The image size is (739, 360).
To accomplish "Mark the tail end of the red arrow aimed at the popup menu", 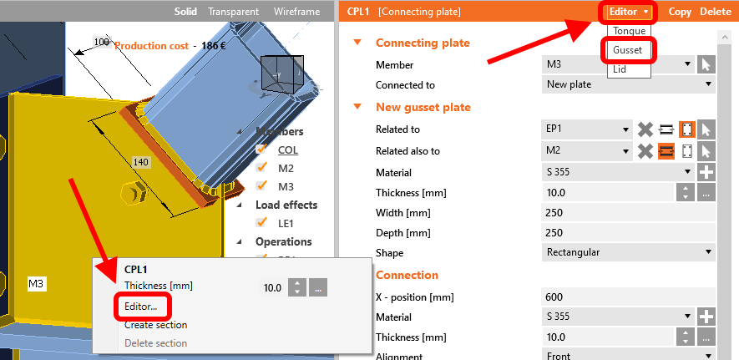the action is (x=71, y=179).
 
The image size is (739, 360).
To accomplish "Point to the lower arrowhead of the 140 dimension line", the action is (x=169, y=215).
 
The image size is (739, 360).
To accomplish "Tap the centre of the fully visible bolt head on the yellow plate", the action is (x=134, y=193).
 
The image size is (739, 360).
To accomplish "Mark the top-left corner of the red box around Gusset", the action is (x=601, y=39).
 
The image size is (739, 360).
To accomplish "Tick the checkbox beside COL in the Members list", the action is (x=261, y=150).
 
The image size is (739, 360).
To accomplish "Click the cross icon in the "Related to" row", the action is (x=645, y=129).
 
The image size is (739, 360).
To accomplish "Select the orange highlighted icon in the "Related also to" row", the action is (x=666, y=151).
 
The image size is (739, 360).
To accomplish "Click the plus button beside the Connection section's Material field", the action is (x=706, y=317).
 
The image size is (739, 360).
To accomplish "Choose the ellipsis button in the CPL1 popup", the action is (x=318, y=287).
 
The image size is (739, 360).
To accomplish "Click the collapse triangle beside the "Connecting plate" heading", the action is (x=357, y=43).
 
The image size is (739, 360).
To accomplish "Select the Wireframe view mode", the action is (x=296, y=12).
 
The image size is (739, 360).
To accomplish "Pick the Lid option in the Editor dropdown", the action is (x=620, y=69).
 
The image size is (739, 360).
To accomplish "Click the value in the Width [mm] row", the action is (x=554, y=212).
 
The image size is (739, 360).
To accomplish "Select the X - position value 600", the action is (x=554, y=297).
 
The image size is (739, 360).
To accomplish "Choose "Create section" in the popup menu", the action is (x=155, y=325).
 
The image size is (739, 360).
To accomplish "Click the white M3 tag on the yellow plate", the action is (x=37, y=284).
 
